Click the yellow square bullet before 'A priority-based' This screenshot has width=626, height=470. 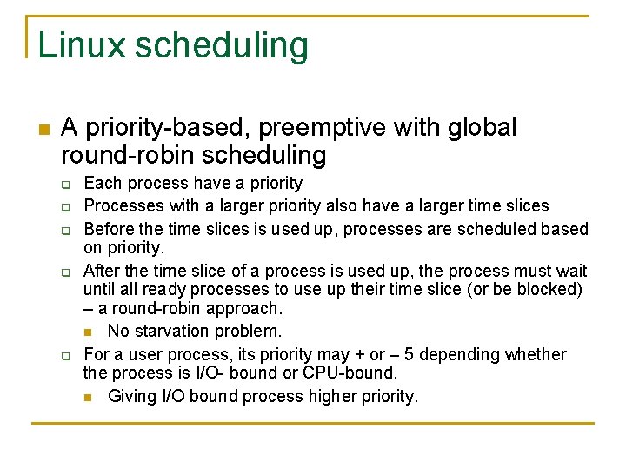point(43,130)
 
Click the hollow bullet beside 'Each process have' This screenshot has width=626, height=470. point(65,185)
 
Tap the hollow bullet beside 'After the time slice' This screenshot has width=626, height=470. point(65,273)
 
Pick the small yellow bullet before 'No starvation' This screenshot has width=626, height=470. point(89,332)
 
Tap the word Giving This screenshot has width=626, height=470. point(131,397)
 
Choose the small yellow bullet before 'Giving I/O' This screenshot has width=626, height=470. point(89,398)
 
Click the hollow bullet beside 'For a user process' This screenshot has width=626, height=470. point(65,356)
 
